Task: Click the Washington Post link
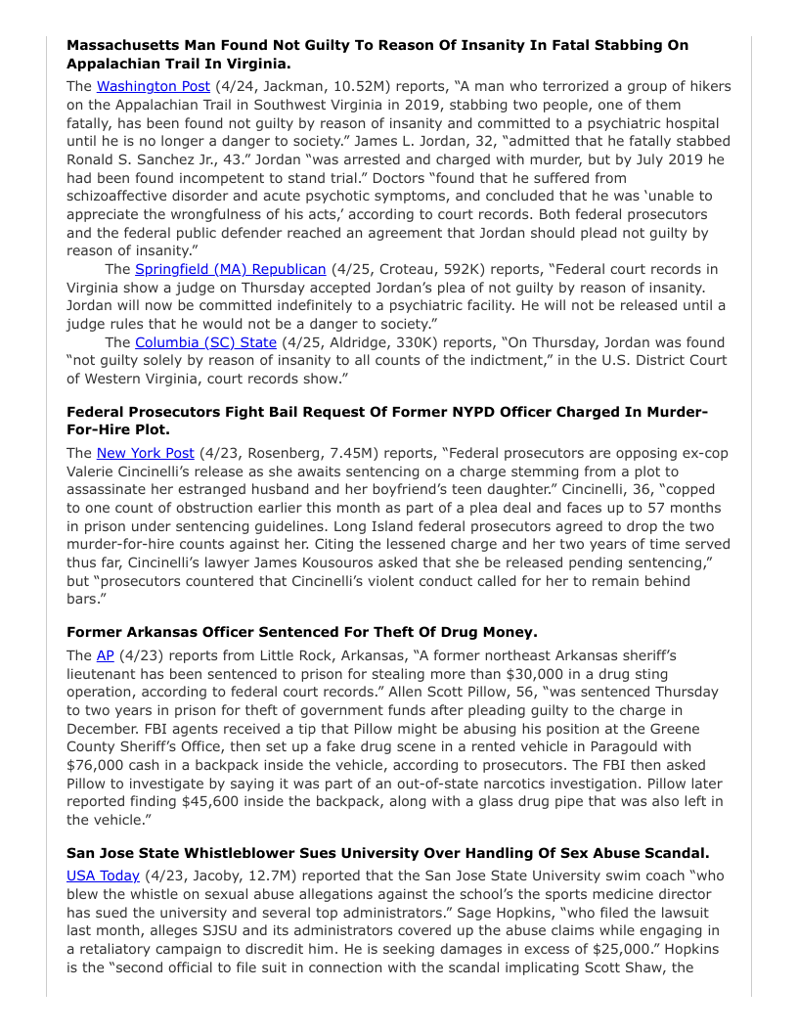click(x=153, y=86)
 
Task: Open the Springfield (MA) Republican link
click(x=230, y=269)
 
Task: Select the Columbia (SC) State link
click(x=205, y=342)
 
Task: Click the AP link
click(x=105, y=655)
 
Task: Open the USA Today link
click(x=103, y=876)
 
